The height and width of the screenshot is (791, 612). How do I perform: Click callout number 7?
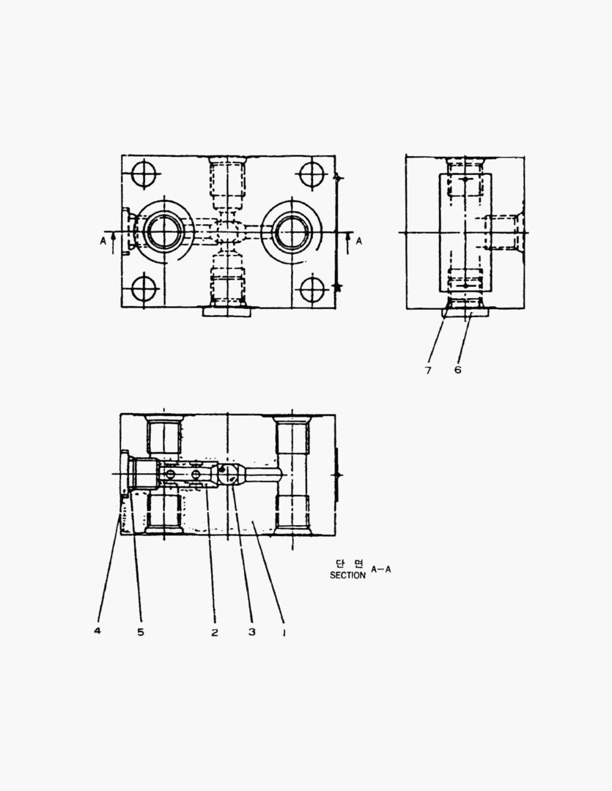(x=428, y=371)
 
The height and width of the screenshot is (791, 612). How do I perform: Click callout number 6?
(x=457, y=370)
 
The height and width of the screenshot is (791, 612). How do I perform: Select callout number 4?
(x=97, y=631)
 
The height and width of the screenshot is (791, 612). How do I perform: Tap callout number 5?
(x=141, y=631)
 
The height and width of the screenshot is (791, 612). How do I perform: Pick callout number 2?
(x=215, y=632)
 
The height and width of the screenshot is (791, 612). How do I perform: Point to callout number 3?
(x=252, y=631)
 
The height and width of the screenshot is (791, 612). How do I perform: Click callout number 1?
(x=284, y=632)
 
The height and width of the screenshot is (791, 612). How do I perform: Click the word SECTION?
(x=347, y=575)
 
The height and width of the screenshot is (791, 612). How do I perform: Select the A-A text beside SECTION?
(x=380, y=570)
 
